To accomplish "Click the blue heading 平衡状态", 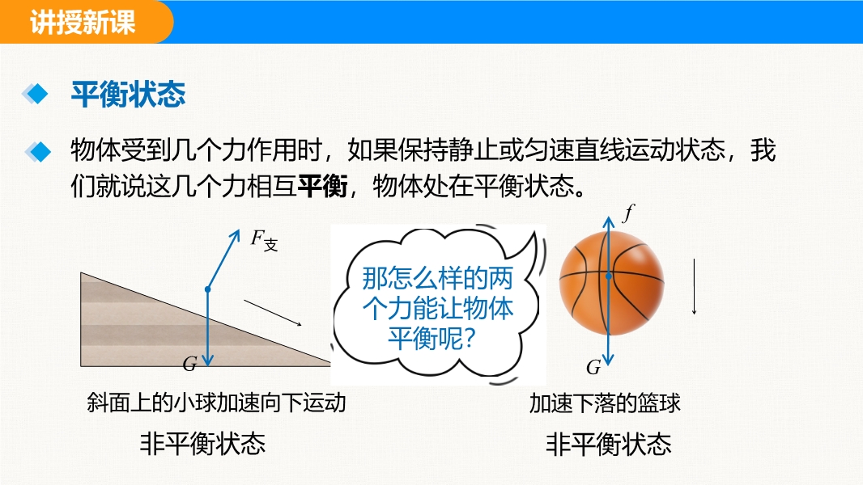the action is pyautogui.click(x=128, y=94).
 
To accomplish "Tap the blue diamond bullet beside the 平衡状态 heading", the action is pyautogui.click(x=36, y=94).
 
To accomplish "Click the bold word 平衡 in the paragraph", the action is pyautogui.click(x=322, y=186).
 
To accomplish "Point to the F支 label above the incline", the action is pyautogui.click(x=265, y=240).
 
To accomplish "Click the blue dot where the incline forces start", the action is pyautogui.click(x=207, y=289).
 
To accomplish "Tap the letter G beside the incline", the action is pyautogui.click(x=190, y=364).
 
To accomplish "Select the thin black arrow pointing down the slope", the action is pyautogui.click(x=273, y=313).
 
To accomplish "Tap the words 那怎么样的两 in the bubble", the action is pyautogui.click(x=437, y=279).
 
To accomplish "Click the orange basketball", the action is pyautogui.click(x=611, y=283).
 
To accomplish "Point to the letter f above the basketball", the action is pyautogui.click(x=628, y=213).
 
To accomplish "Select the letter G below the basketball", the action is pyautogui.click(x=593, y=367).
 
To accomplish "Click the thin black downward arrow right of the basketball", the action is pyautogui.click(x=694, y=286).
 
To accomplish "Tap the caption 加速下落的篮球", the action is pyautogui.click(x=605, y=403).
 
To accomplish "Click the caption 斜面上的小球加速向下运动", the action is pyautogui.click(x=216, y=403).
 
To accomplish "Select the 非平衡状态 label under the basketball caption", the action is pyautogui.click(x=609, y=444).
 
